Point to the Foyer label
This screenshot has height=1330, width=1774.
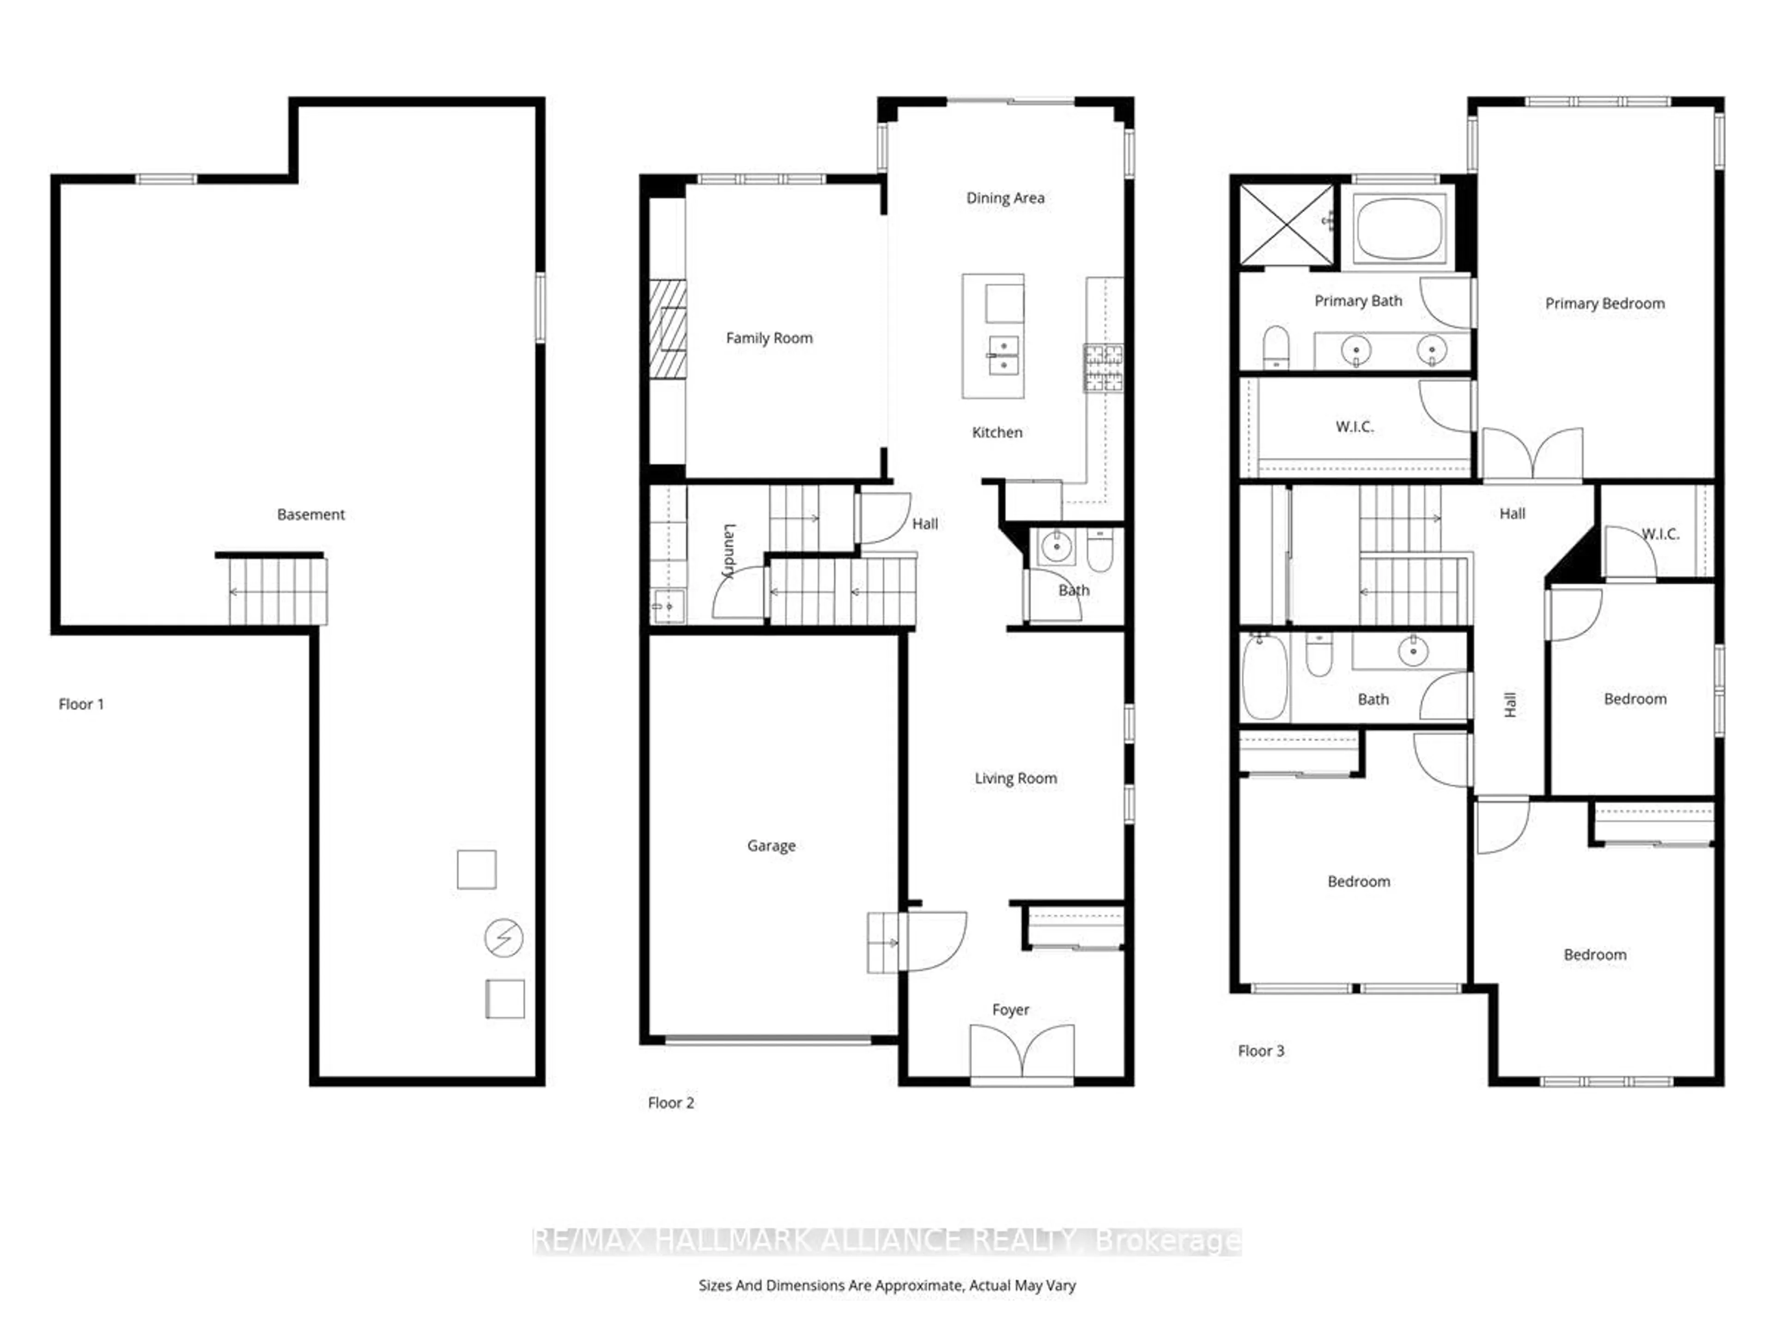(x=1010, y=1010)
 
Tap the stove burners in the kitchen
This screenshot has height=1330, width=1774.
(x=1104, y=368)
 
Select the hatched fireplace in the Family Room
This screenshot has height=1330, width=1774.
(x=667, y=329)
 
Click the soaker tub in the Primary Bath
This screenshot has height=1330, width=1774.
(x=1399, y=229)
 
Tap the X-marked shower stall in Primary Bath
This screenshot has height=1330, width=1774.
(x=1287, y=224)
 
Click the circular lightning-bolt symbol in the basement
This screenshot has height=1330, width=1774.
(x=504, y=937)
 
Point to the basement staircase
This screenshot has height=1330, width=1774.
(x=277, y=592)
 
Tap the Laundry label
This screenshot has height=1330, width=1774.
(x=728, y=551)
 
